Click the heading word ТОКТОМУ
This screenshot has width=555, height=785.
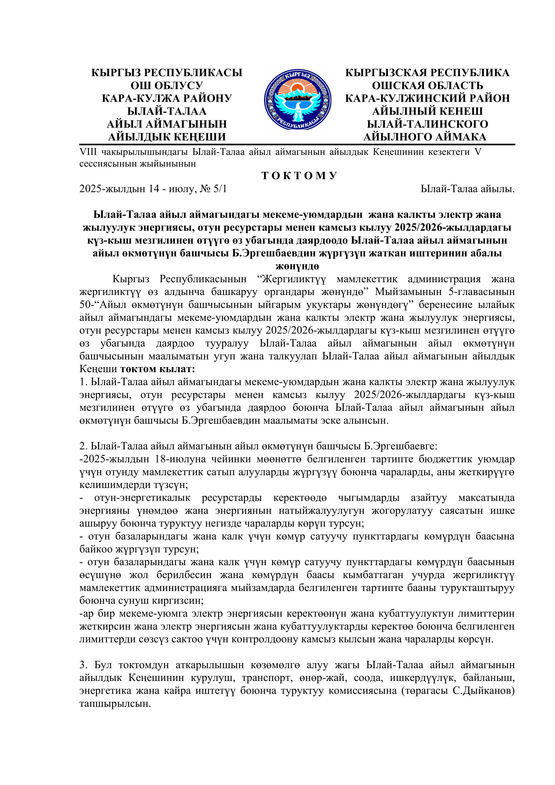coord(299,176)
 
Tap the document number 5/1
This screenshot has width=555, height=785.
coord(220,189)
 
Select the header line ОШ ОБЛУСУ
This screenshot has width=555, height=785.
coord(166,86)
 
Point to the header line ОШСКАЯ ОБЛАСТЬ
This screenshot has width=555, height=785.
coord(427,86)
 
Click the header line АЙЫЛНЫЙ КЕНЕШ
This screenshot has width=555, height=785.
coord(427,111)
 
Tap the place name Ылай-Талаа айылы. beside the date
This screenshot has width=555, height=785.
coord(467,189)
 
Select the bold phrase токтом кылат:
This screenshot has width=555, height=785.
coord(158,369)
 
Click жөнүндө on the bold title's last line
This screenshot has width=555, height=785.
coord(297,266)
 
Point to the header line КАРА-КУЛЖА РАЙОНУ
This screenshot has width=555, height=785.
coord(166,98)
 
